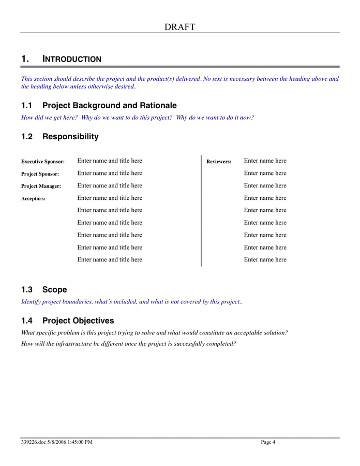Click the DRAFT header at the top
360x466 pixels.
180,27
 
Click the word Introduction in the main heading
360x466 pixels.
72,59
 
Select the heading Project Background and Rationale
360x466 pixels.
109,105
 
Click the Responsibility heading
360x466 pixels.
70,137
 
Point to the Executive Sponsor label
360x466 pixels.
43,162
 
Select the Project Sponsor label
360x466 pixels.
40,174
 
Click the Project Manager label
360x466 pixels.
41,186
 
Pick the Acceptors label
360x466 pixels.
33,198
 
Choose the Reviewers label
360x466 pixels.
219,162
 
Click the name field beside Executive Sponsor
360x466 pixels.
110,161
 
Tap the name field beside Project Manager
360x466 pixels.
110,185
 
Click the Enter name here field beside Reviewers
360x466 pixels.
265,161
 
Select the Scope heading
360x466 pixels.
54,289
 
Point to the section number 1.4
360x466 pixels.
27,321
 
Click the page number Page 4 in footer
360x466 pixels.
268,442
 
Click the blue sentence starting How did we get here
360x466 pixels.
137,118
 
